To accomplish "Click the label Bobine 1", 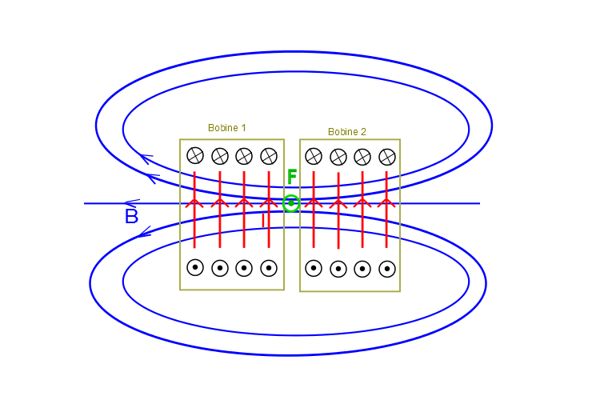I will [226, 128].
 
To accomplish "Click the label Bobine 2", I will [346, 132].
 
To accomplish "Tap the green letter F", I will [292, 177].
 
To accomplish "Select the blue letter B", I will [132, 217].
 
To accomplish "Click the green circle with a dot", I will [292, 203].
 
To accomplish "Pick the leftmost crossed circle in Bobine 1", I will [195, 155].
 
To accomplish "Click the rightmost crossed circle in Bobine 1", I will [269, 155].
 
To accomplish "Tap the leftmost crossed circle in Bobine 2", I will [314, 156].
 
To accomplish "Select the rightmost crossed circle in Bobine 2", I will [387, 157].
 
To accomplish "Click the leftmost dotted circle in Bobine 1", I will [195, 268].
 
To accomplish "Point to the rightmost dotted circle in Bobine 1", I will [269, 268].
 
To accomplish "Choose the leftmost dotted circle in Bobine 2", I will [314, 269].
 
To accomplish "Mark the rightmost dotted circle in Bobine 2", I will [387, 269].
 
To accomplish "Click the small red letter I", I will [262, 219].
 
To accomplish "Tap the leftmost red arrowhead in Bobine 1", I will [194, 202].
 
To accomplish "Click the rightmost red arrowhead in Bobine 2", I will [386, 202].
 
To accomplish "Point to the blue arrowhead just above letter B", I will [132, 203].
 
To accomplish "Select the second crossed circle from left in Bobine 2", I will [338, 157].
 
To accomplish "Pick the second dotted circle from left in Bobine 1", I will [220, 268].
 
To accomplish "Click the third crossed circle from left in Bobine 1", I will [244, 155].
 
